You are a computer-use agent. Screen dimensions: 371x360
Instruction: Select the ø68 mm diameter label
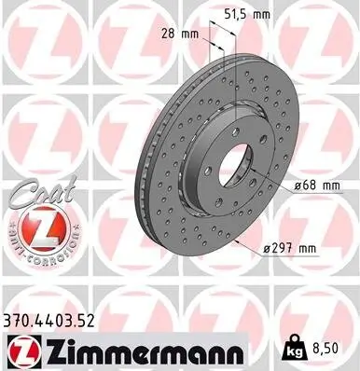tap(315, 186)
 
